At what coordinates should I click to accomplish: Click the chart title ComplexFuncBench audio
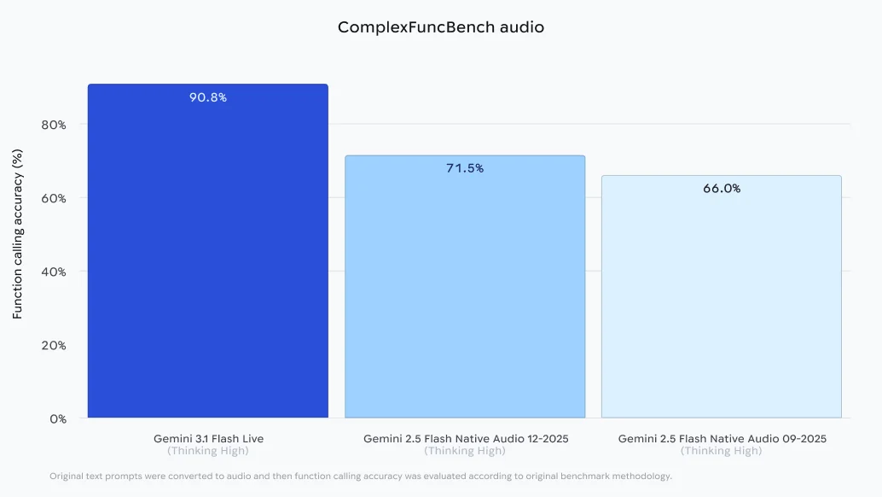tap(440, 27)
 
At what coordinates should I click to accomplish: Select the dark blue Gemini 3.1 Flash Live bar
tap(207, 256)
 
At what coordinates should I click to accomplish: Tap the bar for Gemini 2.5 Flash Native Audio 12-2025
tap(465, 290)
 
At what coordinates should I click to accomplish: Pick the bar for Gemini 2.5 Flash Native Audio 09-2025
tap(722, 299)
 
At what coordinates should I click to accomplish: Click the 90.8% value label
tap(207, 97)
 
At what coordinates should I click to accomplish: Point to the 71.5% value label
tap(465, 168)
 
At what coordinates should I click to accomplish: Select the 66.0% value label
tap(722, 189)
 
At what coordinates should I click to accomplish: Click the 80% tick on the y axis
tap(54, 125)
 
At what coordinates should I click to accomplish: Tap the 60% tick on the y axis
tap(54, 198)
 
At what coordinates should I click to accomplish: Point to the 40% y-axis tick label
tap(54, 272)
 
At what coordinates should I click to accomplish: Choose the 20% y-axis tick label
tap(54, 345)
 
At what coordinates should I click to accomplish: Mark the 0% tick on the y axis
tap(57, 418)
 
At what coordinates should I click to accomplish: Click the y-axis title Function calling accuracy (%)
tap(18, 233)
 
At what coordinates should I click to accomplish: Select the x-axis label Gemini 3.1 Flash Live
tap(208, 438)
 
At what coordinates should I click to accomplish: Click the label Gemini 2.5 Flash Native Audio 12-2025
tap(465, 438)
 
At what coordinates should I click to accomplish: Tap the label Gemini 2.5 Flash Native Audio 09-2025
tap(722, 438)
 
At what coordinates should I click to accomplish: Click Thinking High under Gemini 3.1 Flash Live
tap(208, 451)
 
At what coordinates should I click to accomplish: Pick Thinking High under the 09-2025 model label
tap(722, 451)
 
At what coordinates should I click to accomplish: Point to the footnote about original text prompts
tap(360, 476)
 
